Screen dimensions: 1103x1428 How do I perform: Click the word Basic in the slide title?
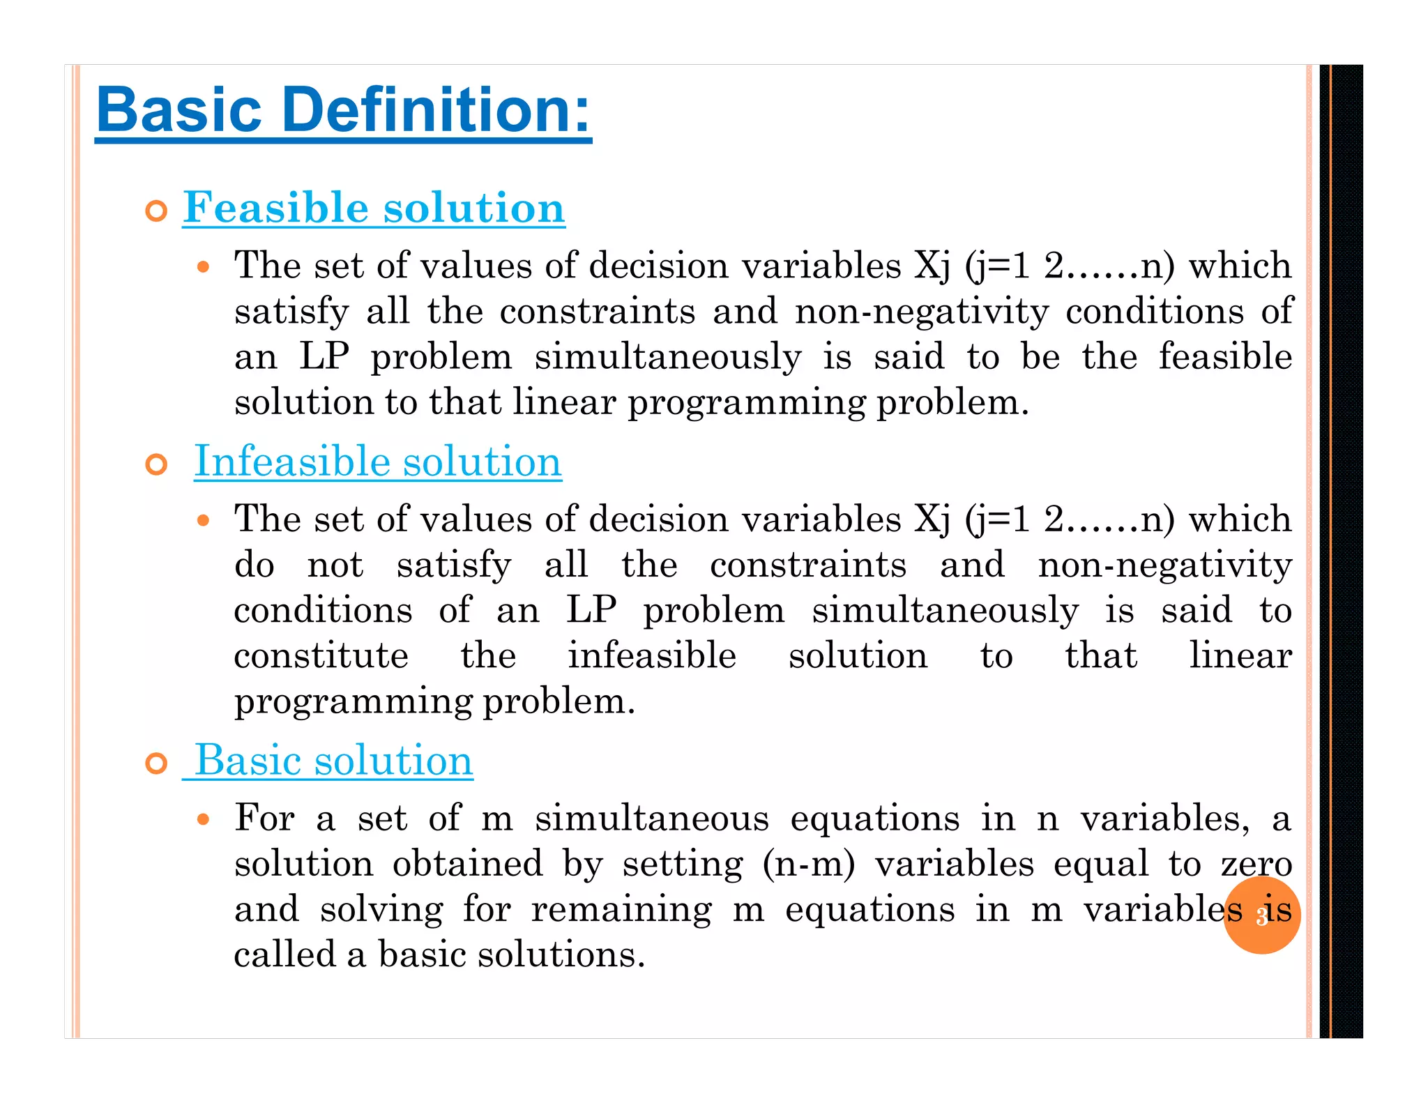[x=179, y=109]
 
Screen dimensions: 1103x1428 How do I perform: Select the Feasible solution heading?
[x=374, y=207]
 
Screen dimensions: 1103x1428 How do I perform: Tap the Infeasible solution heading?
[x=377, y=461]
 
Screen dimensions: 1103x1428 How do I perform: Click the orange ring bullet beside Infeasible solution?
[x=157, y=464]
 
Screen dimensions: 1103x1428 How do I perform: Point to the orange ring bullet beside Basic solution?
[x=157, y=763]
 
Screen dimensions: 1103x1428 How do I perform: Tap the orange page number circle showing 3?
[x=1261, y=916]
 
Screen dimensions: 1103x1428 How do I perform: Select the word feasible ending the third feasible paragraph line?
[x=1225, y=356]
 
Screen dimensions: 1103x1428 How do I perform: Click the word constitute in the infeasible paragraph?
[x=321, y=655]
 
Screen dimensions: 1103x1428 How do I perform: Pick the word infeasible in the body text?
[x=651, y=655]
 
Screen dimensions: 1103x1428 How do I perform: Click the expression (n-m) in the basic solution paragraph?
[x=808, y=864]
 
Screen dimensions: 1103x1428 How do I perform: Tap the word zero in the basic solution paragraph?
[x=1256, y=865]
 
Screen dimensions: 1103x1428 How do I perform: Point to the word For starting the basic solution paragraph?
[x=264, y=818]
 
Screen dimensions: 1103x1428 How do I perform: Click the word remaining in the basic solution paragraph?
[x=621, y=911]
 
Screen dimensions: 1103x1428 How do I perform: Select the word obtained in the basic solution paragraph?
[x=467, y=864]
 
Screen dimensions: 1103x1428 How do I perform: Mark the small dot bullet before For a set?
[x=203, y=819]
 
